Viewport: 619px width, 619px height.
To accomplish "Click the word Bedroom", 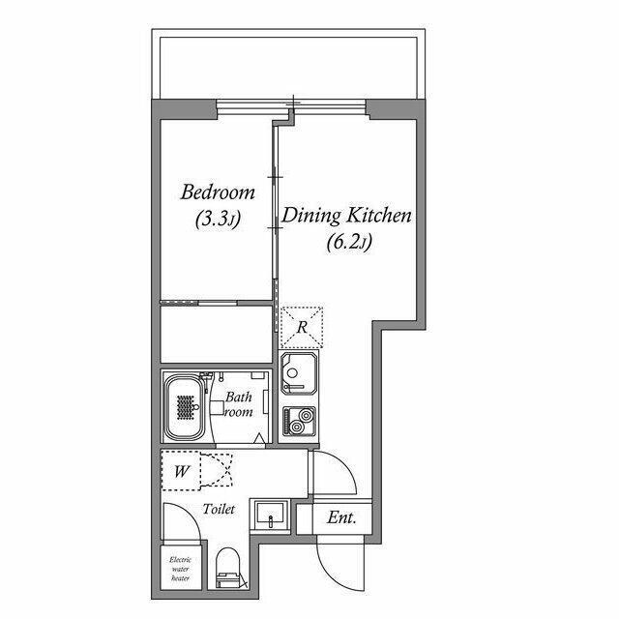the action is tap(218, 192).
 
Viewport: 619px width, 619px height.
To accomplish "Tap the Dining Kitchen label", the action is tap(346, 216).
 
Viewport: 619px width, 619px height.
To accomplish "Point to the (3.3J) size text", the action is tap(218, 220).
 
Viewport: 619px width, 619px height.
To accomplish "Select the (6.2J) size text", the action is tap(349, 242).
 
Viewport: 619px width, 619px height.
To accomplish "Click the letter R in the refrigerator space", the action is tap(302, 327).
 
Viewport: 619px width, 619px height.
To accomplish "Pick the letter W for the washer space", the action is tap(182, 471).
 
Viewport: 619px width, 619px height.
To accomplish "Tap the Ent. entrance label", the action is tap(341, 517).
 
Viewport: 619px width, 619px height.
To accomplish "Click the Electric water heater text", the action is tap(181, 569).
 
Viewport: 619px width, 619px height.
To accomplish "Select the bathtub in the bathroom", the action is tap(185, 407).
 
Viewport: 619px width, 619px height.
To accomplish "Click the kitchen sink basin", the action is tap(299, 373).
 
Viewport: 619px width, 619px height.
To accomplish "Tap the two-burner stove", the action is tap(299, 421).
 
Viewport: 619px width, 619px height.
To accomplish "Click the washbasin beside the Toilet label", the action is tap(271, 516).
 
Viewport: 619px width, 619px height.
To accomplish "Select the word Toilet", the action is tap(219, 509).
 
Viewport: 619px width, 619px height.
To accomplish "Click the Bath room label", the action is tap(239, 404).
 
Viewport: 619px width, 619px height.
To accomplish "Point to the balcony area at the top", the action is tap(288, 68).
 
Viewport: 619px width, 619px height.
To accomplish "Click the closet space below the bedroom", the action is tap(217, 334).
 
